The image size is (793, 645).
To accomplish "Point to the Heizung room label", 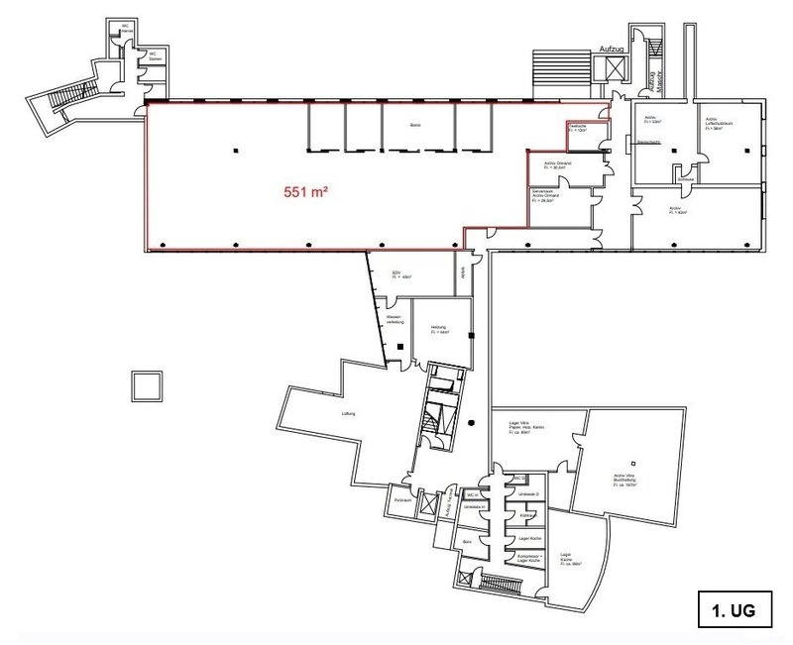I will tap(438, 330).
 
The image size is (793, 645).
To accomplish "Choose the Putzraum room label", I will tap(402, 503).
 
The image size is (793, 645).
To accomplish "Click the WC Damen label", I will tap(155, 57).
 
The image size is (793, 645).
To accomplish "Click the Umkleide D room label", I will tap(532, 494).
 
